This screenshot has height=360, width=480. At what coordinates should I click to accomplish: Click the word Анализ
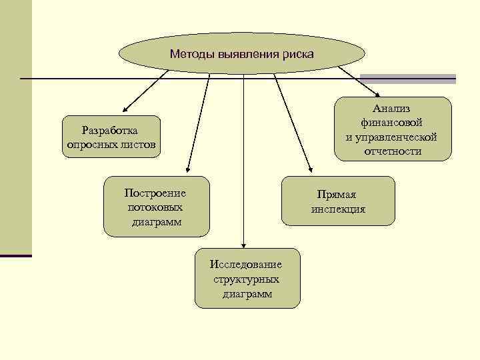[392, 109]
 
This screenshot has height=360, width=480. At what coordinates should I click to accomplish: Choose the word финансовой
[392, 123]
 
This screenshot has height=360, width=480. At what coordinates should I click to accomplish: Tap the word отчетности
[392, 151]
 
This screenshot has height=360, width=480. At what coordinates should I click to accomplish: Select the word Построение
[155, 193]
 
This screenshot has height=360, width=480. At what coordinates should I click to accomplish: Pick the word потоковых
[155, 207]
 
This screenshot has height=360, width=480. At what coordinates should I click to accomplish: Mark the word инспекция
[338, 209]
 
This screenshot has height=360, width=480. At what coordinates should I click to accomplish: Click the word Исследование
[246, 265]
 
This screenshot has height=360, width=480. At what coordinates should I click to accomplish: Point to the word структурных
[246, 279]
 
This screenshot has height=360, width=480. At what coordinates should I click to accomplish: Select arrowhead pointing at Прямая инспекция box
[309, 171]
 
